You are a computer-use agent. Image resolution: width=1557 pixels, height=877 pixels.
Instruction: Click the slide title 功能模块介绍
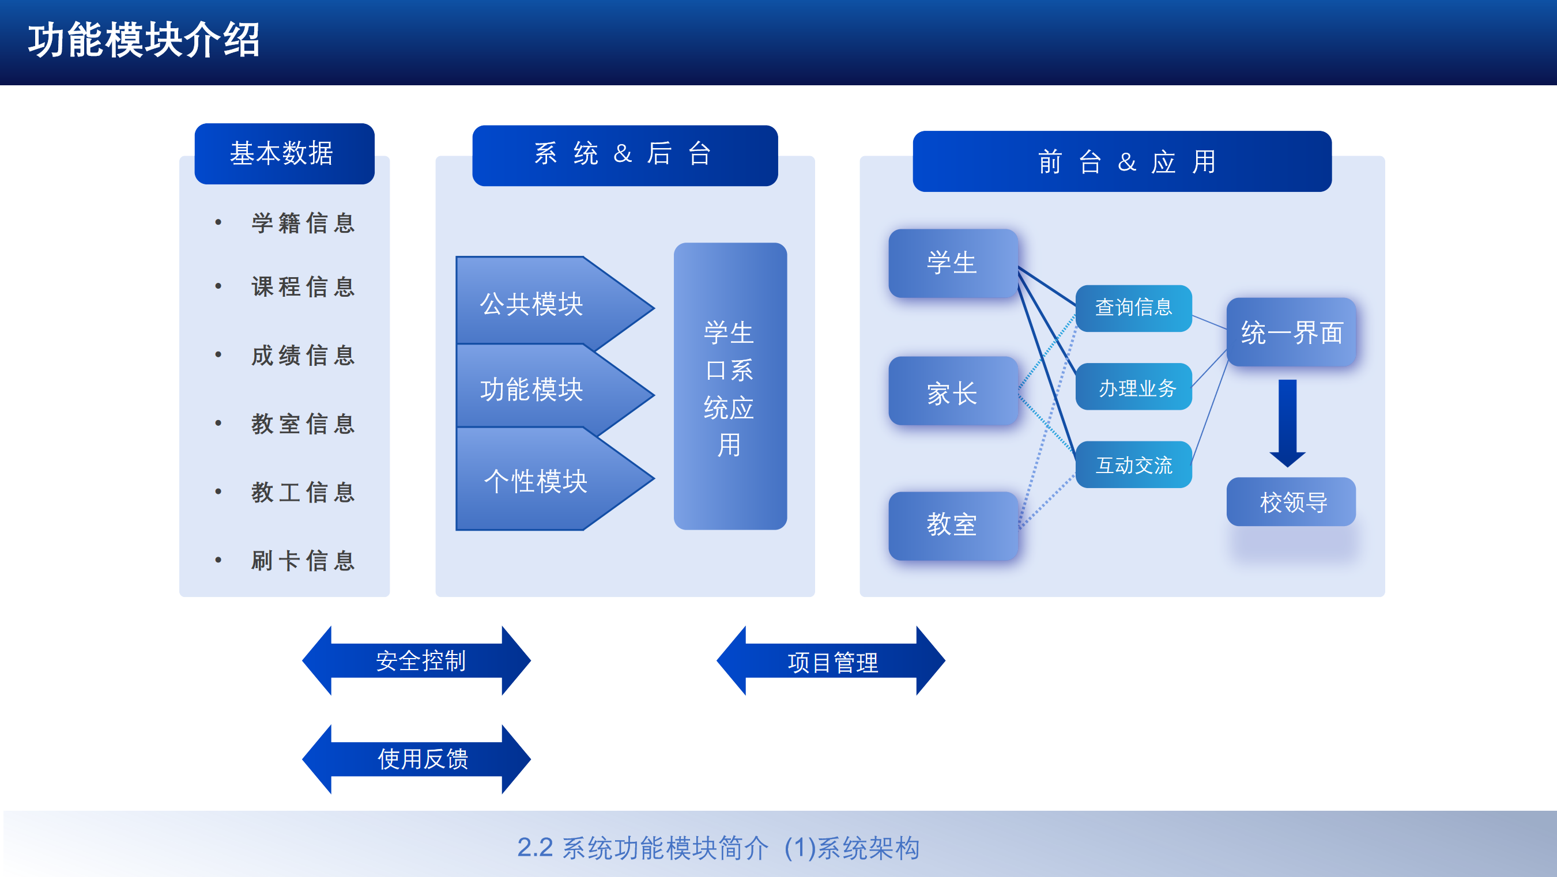click(144, 41)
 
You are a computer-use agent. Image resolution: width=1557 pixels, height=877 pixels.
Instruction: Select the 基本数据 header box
click(284, 153)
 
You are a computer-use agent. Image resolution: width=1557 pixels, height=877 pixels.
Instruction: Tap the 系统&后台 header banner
click(624, 155)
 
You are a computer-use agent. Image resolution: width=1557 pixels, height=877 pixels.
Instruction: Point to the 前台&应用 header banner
click(1122, 161)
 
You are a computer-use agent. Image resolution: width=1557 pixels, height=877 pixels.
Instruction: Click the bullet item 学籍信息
click(302, 224)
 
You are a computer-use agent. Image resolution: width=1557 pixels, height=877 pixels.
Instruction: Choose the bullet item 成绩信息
click(302, 355)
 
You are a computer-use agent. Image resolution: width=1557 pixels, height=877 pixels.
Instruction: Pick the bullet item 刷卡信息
click(302, 561)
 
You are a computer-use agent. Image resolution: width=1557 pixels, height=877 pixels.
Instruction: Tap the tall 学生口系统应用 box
click(730, 387)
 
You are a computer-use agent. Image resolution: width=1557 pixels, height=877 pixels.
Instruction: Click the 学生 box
click(952, 263)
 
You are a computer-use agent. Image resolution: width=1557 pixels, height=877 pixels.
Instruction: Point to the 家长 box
click(952, 392)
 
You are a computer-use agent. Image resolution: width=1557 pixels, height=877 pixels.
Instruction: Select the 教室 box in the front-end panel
click(952, 524)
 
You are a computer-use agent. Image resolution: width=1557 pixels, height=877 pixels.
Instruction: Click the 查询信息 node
click(1133, 308)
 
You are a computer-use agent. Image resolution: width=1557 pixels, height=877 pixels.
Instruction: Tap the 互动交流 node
click(1133, 464)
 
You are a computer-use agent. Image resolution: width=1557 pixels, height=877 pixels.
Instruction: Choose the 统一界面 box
click(1291, 332)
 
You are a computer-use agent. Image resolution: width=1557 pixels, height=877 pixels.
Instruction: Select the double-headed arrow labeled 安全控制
click(417, 661)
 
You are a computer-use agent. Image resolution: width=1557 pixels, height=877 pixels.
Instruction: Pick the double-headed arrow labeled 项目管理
click(831, 661)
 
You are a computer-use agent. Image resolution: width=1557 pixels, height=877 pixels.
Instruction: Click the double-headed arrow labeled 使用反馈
click(417, 759)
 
